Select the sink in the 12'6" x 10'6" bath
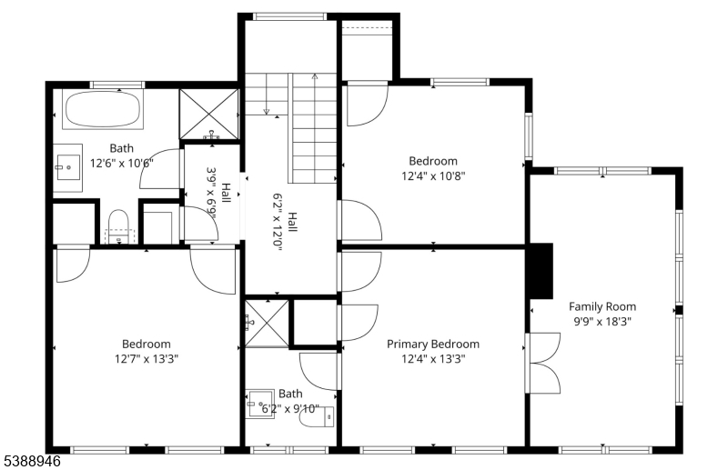coord(67,166)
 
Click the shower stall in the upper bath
coord(209,115)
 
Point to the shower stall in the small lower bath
coord(268,322)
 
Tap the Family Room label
coord(602,306)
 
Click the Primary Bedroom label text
coord(432,344)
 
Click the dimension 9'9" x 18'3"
coord(602,321)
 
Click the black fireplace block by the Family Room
coord(541,271)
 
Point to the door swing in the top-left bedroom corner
coord(73,264)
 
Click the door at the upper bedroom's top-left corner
coord(367,102)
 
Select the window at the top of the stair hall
coord(289,16)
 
